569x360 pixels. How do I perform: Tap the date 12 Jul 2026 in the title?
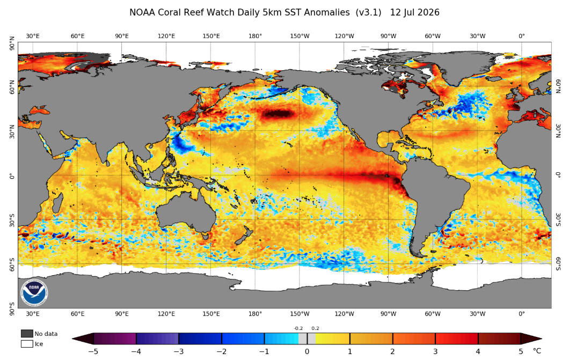[415, 12]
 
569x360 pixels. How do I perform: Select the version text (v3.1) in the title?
[369, 12]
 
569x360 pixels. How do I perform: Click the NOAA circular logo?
[34, 292]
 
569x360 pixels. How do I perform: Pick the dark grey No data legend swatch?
[27, 334]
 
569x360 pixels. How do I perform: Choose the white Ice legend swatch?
[27, 344]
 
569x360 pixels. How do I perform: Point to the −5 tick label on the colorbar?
[93, 351]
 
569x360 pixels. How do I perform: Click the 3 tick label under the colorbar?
[435, 351]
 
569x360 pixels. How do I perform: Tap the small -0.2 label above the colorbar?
[298, 328]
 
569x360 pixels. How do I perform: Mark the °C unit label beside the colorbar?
[537, 351]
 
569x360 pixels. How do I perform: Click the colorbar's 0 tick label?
[307, 351]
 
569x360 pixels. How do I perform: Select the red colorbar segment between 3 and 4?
[456, 339]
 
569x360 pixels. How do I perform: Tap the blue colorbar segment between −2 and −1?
[243, 339]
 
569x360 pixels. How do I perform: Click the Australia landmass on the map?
[186, 214]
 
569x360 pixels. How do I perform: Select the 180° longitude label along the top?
[255, 36]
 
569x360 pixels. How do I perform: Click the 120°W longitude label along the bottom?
[344, 314]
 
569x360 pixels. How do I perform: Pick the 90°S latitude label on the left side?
[12, 309]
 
